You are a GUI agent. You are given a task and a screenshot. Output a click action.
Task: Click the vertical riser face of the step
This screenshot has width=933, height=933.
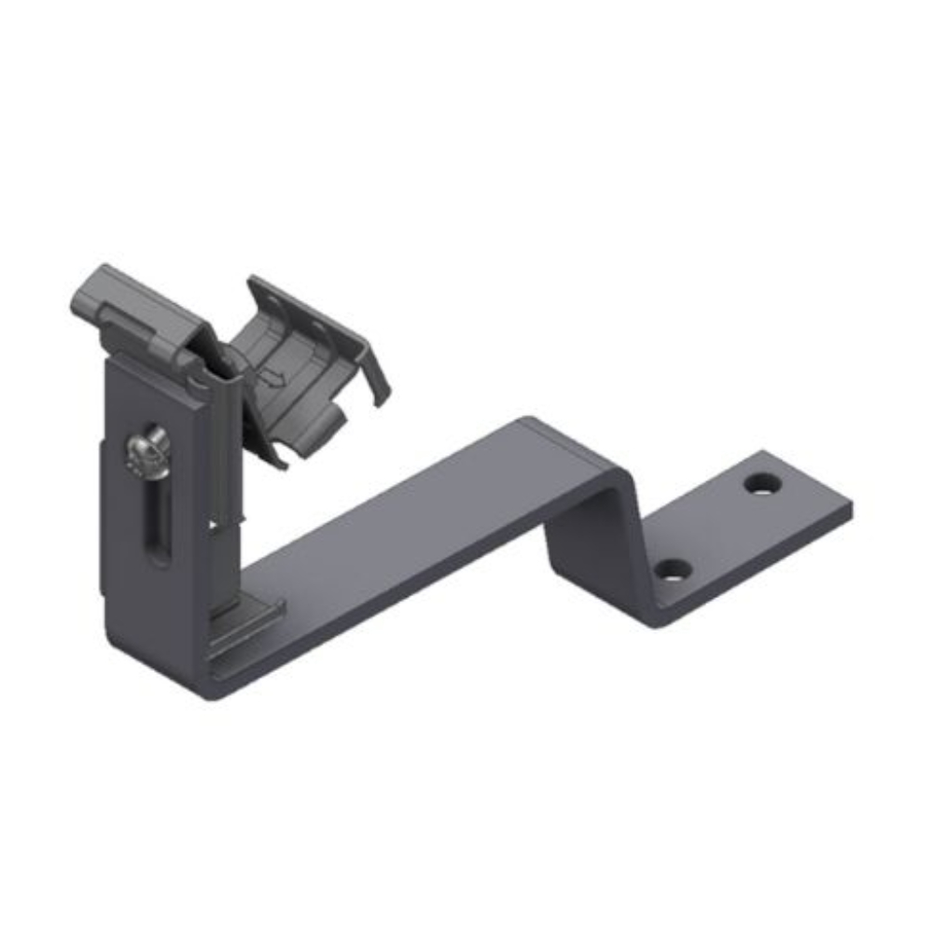(x=597, y=541)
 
